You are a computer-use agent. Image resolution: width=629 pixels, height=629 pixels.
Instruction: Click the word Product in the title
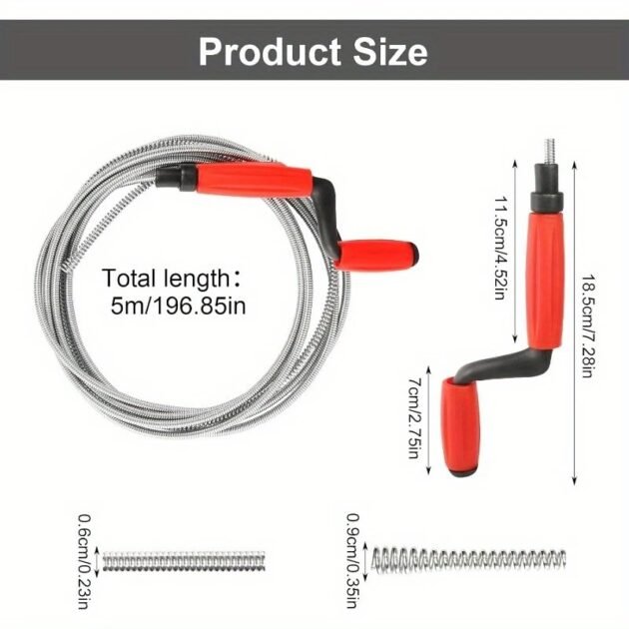[270, 52]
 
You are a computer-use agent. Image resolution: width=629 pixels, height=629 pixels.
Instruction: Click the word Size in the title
[390, 52]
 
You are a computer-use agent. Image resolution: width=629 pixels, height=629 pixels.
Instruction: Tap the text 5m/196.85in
[178, 307]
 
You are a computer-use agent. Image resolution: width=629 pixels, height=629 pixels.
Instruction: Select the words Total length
[165, 279]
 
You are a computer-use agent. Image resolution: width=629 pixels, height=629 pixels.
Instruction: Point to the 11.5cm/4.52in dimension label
[501, 248]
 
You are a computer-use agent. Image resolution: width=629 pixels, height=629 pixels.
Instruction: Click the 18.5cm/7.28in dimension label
[588, 326]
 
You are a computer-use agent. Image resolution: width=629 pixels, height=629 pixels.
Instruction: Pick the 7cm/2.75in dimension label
[414, 418]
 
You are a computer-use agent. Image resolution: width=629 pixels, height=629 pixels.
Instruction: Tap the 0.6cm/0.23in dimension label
[83, 561]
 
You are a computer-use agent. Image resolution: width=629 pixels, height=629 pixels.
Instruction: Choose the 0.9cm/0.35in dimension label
[352, 560]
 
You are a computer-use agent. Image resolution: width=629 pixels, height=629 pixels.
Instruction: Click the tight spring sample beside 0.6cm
[184, 561]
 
